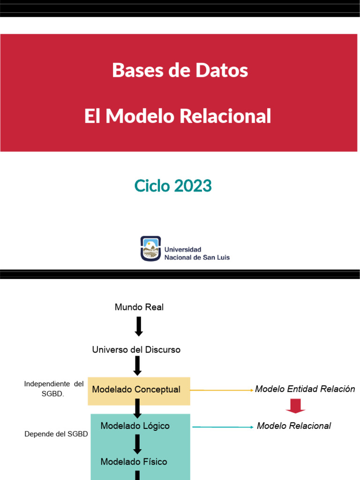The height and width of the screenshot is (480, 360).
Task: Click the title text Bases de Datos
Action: [x=180, y=71]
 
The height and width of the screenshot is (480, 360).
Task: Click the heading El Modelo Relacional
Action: [x=178, y=116]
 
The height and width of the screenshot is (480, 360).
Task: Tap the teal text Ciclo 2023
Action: [x=173, y=186]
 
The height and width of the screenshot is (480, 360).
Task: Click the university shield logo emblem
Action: [x=150, y=248]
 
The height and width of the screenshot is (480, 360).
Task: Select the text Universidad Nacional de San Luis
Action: [x=196, y=254]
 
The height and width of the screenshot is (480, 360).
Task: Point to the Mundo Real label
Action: [x=139, y=307]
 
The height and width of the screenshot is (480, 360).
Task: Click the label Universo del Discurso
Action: [x=136, y=350]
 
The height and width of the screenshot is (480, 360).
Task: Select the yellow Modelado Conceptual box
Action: [x=139, y=390]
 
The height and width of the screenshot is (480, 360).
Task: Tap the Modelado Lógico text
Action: [x=135, y=426]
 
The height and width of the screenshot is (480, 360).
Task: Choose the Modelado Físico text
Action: [x=134, y=462]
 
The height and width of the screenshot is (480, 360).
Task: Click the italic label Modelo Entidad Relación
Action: [x=305, y=389]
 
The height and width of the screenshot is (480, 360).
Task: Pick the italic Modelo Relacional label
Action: [x=294, y=426]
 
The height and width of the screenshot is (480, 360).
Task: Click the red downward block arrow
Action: [x=295, y=406]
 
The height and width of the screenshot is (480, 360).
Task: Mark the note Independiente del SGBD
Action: [x=53, y=389]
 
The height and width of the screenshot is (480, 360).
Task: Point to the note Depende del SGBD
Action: [x=56, y=434]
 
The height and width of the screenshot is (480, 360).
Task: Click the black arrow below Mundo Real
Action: [x=138, y=326]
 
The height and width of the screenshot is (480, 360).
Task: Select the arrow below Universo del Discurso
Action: [x=137, y=366]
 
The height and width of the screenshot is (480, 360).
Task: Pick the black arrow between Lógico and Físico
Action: [x=137, y=444]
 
